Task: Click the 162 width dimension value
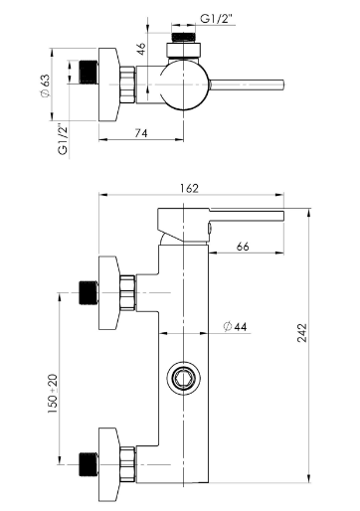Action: point(189,188)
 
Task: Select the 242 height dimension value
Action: point(302,333)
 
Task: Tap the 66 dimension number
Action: point(243,247)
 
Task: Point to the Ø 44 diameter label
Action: point(236,327)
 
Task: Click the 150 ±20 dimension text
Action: point(53,394)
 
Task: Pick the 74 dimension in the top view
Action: point(141,133)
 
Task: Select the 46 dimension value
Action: point(141,49)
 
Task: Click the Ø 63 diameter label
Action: point(45,85)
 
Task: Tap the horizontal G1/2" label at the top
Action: point(217,19)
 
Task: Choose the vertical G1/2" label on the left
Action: point(63,139)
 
